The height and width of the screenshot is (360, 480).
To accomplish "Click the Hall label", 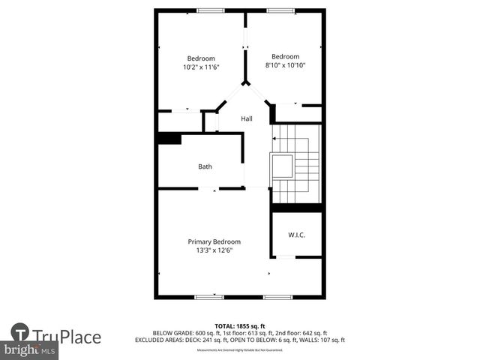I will coord(246,118).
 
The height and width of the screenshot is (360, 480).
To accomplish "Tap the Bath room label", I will coord(205,166).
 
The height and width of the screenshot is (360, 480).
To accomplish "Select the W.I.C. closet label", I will coord(296,235).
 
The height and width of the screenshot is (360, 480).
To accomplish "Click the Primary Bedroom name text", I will coord(214,241).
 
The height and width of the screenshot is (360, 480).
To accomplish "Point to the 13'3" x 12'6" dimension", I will coord(214,250).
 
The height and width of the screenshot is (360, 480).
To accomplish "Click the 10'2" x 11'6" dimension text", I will coord(201,67).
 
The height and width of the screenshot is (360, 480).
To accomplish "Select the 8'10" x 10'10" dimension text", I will coord(285,65).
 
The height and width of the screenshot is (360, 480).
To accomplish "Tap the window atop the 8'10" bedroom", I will coord(280,10).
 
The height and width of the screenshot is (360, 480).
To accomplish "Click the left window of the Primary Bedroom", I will coord(208,297).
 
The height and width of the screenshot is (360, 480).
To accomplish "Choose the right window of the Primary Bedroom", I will coord(277,297).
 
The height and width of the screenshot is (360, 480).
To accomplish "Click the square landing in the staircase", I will coord(282,166).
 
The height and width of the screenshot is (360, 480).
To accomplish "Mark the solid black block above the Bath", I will coord(169,139).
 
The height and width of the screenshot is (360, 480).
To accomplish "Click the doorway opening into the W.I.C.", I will coord(286,257).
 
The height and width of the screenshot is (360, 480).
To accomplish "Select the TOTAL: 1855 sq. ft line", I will coord(240,326).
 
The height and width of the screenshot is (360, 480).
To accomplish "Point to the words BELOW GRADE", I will coord(173,333).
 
